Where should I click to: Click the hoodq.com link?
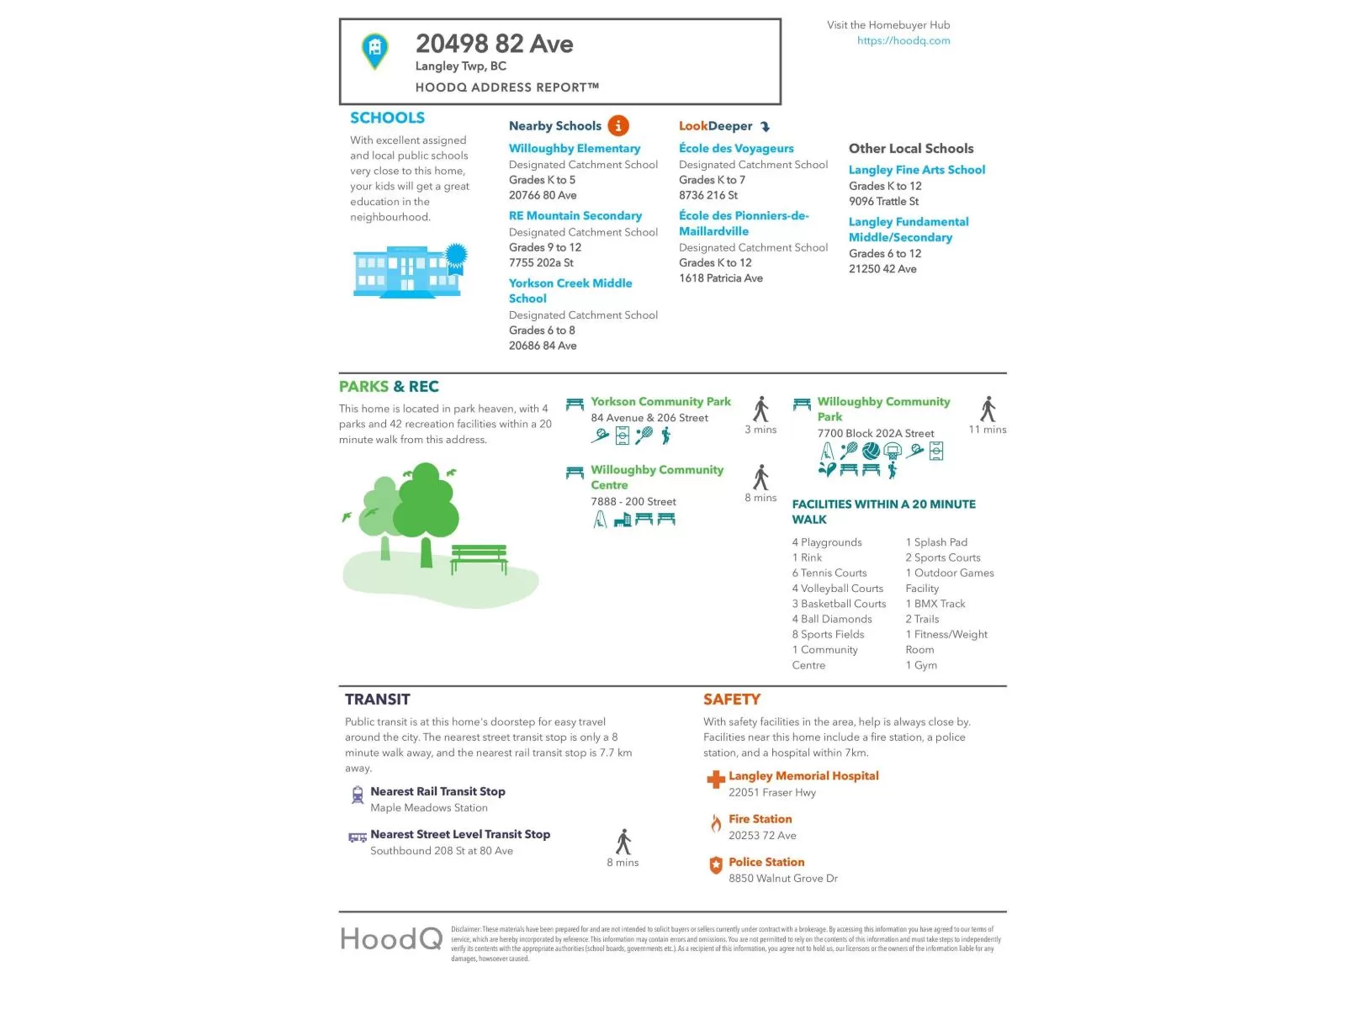pos(904,40)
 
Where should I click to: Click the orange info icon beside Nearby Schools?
pos(618,126)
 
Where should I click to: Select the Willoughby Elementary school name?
pos(575,148)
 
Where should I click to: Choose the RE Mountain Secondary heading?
pos(575,216)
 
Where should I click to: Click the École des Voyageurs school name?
pos(736,148)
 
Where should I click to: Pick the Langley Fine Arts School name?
pos(917,170)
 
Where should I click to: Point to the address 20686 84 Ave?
pos(543,346)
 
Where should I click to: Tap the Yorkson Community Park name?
pos(660,402)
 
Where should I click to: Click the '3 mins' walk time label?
pos(760,430)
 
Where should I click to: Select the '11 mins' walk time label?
pos(988,430)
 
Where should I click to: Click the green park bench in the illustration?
pos(480,557)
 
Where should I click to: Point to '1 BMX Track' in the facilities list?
pos(935,604)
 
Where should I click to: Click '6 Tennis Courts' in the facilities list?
pos(829,573)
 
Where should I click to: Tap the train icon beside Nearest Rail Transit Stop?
pos(358,795)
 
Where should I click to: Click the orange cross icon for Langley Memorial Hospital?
pos(716,779)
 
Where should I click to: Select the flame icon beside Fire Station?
pos(716,823)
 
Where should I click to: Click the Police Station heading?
pos(766,862)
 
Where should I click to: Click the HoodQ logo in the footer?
pos(391,938)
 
